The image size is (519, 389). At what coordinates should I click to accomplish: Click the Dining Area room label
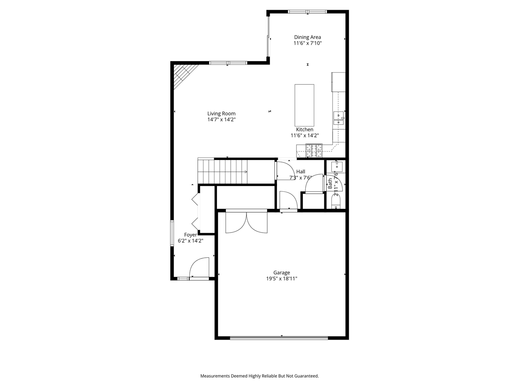[307, 37]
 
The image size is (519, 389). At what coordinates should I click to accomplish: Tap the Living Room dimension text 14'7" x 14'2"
[221, 120]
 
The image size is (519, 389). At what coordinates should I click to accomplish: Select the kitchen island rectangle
[304, 105]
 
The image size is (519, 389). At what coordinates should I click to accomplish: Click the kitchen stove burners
[314, 151]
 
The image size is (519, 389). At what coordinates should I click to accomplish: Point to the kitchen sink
[338, 118]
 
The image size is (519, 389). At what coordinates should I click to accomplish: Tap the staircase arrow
[245, 172]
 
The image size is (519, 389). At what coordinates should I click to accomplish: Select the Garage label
[281, 273]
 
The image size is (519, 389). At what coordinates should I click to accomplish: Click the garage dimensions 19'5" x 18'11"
[281, 279]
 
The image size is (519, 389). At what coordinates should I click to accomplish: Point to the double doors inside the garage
[246, 223]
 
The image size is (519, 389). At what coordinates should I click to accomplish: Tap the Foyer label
[191, 235]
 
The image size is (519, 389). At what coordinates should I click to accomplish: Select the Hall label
[300, 171]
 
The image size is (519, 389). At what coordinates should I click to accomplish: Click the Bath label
[330, 184]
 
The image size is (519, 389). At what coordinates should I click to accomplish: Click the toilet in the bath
[336, 201]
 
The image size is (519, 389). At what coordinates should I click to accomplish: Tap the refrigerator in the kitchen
[339, 82]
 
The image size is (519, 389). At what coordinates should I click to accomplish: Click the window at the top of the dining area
[307, 11]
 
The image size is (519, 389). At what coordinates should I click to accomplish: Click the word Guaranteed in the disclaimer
[304, 376]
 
